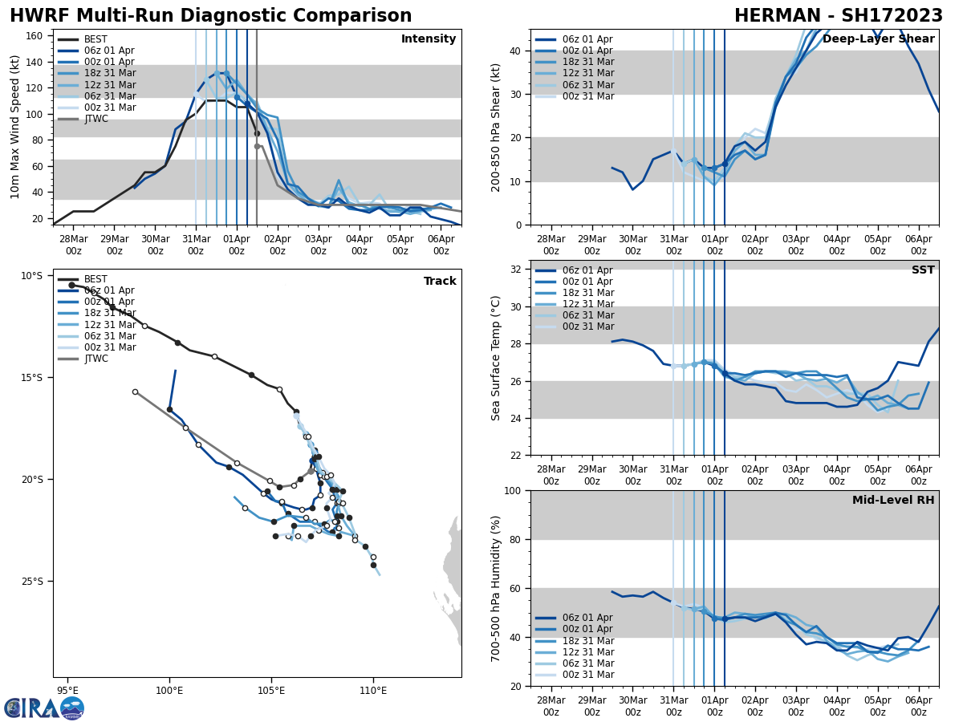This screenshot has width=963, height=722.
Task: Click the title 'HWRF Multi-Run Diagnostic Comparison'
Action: pyautogui.click(x=210, y=16)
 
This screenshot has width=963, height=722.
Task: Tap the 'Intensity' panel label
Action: pyautogui.click(x=429, y=39)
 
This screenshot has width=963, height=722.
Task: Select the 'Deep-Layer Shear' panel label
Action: pyautogui.click(x=878, y=39)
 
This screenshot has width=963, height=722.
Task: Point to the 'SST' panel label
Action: pyautogui.click(x=923, y=270)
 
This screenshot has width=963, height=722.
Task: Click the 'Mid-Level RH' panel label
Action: pyautogui.click(x=893, y=501)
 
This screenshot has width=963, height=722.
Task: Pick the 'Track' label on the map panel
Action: pyautogui.click(x=440, y=282)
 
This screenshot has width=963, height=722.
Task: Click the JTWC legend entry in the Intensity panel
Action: pyautogui.click(x=95, y=119)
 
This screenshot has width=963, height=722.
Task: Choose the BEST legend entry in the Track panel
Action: pyautogui.click(x=95, y=279)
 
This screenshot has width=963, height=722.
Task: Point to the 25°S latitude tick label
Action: pyautogui.click(x=32, y=582)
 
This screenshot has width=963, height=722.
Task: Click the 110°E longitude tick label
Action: pyautogui.click(x=373, y=690)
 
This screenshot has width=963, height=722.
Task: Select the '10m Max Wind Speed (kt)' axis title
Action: pyautogui.click(x=14, y=127)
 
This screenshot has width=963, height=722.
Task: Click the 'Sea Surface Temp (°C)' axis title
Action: pyautogui.click(x=497, y=358)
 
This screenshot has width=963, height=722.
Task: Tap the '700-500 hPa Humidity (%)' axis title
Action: pyautogui.click(x=497, y=588)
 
